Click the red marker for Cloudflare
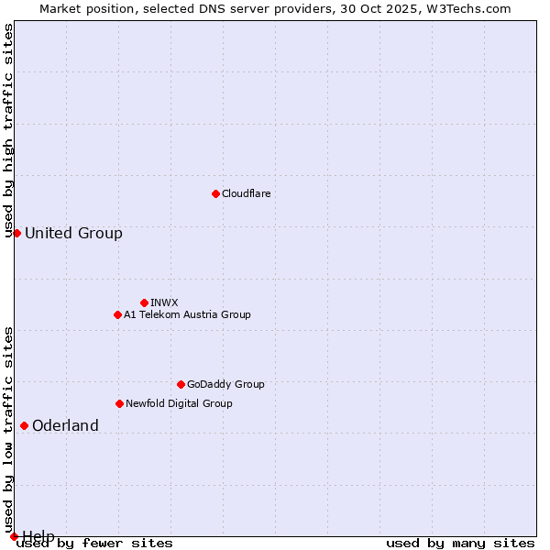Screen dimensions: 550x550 tap(215, 193)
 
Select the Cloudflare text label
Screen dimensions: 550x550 tap(246, 193)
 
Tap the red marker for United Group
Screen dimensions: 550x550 tap(16, 233)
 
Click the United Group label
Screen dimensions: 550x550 tap(73, 233)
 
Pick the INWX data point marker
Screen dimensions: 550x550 tap(144, 302)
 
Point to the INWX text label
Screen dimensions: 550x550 tap(164, 302)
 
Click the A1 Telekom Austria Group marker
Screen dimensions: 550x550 tap(117, 314)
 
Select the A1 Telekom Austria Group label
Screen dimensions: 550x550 tap(187, 314)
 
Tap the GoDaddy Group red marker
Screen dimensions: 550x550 tap(181, 384)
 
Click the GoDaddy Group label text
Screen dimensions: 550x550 tap(225, 384)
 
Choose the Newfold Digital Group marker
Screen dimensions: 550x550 tap(119, 403)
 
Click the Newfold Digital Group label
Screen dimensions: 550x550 tap(179, 403)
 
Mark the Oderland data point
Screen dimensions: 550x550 tap(24, 425)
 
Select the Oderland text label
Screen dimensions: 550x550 tap(65, 425)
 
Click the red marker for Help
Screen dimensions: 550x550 tap(14, 536)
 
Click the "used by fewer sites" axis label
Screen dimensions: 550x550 tap(94, 543)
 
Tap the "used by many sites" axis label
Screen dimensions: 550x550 tap(460, 543)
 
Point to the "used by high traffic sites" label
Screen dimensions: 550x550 tap(8, 130)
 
